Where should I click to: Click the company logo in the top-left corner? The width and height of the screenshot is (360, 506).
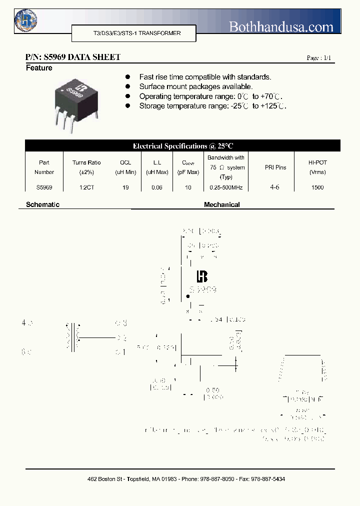pyautogui.click(x=25, y=20)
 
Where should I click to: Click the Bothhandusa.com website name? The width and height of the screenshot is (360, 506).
pyautogui.click(x=280, y=27)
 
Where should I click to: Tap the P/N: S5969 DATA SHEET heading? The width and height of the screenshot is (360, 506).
pyautogui.click(x=72, y=57)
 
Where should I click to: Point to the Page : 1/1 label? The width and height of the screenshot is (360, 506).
pyautogui.click(x=318, y=58)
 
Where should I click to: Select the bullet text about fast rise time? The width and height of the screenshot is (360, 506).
pyautogui.click(x=205, y=77)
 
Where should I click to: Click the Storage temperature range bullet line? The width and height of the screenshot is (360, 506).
pyautogui.click(x=212, y=106)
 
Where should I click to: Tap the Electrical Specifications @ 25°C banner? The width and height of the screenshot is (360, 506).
pyautogui.click(x=182, y=146)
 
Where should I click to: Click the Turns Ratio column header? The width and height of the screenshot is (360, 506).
pyautogui.click(x=86, y=167)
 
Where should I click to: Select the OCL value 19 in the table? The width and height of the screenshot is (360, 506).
pyautogui.click(x=125, y=187)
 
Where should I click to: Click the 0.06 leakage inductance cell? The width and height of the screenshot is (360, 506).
pyautogui.click(x=156, y=187)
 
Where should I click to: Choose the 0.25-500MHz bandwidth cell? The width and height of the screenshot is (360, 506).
pyautogui.click(x=226, y=187)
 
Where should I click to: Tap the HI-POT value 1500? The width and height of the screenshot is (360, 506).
pyautogui.click(x=317, y=187)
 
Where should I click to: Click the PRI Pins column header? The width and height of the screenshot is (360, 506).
pyautogui.click(x=275, y=167)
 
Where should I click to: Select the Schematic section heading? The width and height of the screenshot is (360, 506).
pyautogui.click(x=42, y=204)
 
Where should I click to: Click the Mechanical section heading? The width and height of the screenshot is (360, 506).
pyautogui.click(x=221, y=204)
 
